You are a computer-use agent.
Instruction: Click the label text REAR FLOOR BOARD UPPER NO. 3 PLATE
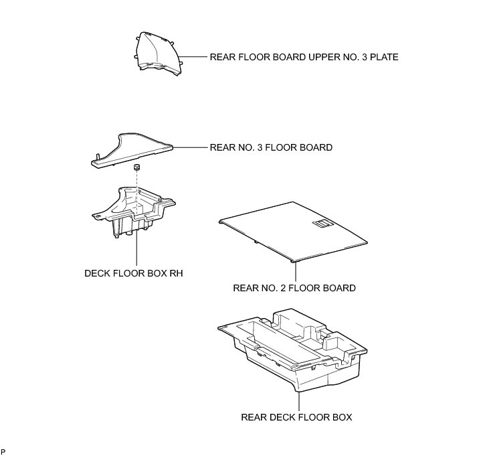(304, 58)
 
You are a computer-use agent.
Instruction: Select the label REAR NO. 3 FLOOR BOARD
(271, 147)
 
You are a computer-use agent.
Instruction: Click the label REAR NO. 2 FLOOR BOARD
(294, 289)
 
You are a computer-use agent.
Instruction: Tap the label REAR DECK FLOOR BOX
(296, 417)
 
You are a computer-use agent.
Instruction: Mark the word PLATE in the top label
(384, 58)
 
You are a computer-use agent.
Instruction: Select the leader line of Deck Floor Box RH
(136, 251)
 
